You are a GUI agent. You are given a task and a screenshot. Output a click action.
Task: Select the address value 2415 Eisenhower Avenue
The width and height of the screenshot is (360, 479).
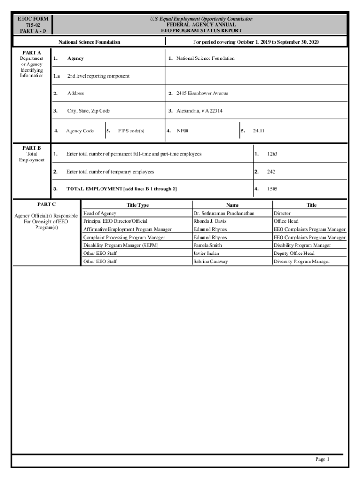[x=202, y=94]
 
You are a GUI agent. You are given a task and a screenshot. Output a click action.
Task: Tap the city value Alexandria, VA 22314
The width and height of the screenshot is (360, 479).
[x=199, y=111]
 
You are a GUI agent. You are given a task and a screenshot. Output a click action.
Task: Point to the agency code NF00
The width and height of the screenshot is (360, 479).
[x=182, y=131]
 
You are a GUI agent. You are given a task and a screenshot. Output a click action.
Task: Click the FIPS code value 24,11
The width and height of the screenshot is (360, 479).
[x=259, y=131]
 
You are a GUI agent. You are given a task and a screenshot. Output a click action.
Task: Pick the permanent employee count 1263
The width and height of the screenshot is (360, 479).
[x=273, y=154]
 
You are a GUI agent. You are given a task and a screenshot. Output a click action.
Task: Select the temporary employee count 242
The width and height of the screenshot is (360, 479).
[x=271, y=172]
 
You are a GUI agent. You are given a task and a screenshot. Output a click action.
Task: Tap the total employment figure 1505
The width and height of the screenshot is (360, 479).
[x=273, y=189]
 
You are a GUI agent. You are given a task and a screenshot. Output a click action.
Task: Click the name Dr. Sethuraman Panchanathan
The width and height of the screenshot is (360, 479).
[x=224, y=213]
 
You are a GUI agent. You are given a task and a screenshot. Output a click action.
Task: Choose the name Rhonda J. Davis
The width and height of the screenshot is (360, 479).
[x=210, y=221]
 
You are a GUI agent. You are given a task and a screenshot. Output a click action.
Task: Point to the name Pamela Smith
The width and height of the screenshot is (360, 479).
[x=208, y=245]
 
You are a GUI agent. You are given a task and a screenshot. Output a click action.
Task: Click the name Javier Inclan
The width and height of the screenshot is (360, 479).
[x=206, y=254]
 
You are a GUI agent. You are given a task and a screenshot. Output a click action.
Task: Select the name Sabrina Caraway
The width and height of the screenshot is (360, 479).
[x=210, y=261]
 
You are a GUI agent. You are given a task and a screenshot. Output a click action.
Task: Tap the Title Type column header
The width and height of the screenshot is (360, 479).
[x=137, y=205]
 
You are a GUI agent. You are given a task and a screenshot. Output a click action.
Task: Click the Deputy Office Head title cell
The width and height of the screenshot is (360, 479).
[x=294, y=254]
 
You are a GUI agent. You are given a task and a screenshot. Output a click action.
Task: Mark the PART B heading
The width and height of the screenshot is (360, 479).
[x=32, y=148]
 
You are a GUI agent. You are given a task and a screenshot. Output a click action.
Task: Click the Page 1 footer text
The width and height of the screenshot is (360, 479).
[x=323, y=459]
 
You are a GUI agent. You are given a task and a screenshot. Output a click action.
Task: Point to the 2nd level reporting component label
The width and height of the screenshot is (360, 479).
[x=98, y=76]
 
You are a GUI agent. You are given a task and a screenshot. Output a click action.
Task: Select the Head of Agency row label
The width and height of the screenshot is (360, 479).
[x=100, y=213]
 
